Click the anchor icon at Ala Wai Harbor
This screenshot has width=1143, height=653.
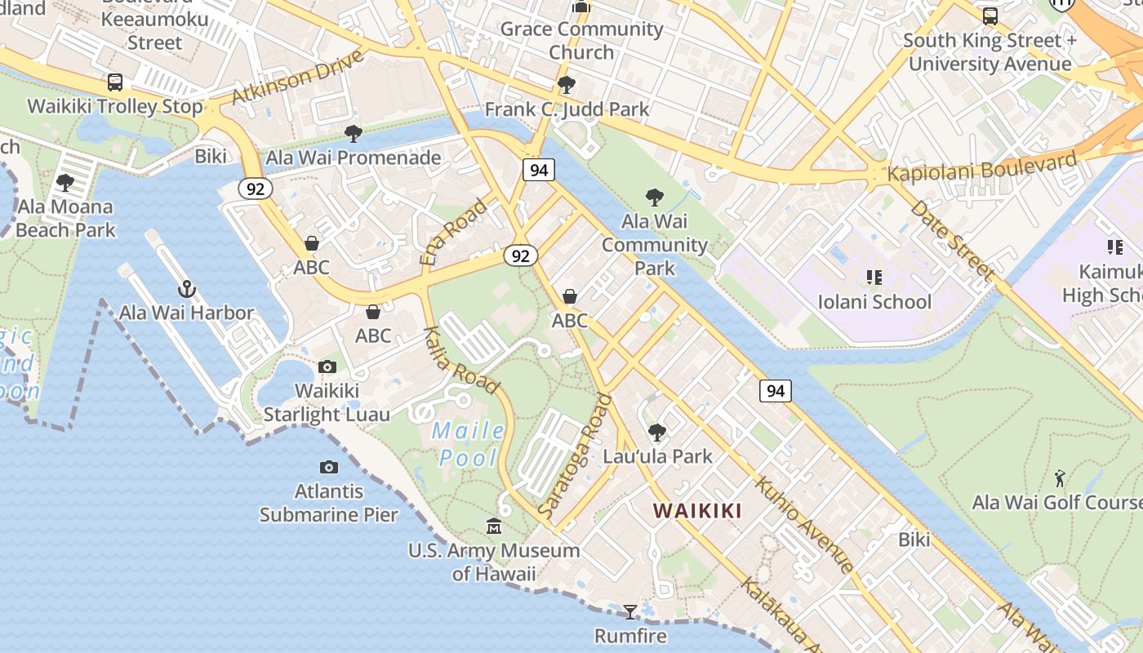pyautogui.click(x=187, y=289)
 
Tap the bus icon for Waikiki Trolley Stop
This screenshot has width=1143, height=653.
pyautogui.click(x=115, y=82)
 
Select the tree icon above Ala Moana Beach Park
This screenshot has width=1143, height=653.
pyautogui.click(x=65, y=183)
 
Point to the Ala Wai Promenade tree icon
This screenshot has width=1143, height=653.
pyautogui.click(x=354, y=134)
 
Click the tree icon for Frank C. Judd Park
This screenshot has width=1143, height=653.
pyautogui.click(x=567, y=85)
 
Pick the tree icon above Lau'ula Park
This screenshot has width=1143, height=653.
pyautogui.click(x=657, y=433)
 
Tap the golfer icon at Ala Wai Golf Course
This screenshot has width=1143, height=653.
pyautogui.click(x=1060, y=478)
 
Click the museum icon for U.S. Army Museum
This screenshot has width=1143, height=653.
pyautogui.click(x=494, y=526)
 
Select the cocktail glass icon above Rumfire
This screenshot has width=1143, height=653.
pyautogui.click(x=630, y=611)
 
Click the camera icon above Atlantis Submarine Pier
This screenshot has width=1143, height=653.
pyautogui.click(x=329, y=468)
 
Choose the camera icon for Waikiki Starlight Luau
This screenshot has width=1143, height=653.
pyautogui.click(x=327, y=367)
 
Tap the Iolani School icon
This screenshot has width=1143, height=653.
pyautogui.click(x=874, y=278)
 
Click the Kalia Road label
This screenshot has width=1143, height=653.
pyautogui.click(x=460, y=360)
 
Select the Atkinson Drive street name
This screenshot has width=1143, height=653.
pyautogui.click(x=297, y=78)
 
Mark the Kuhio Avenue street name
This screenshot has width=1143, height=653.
pyautogui.click(x=804, y=525)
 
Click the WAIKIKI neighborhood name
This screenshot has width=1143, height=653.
pyautogui.click(x=697, y=511)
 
